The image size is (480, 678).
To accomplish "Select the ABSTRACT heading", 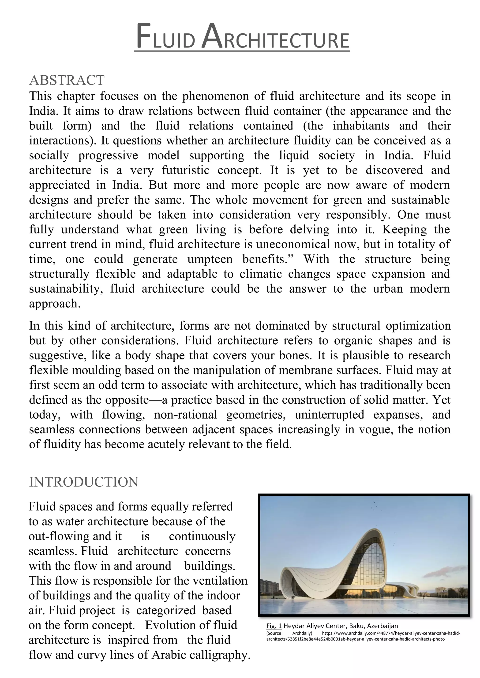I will [x=67, y=80].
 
